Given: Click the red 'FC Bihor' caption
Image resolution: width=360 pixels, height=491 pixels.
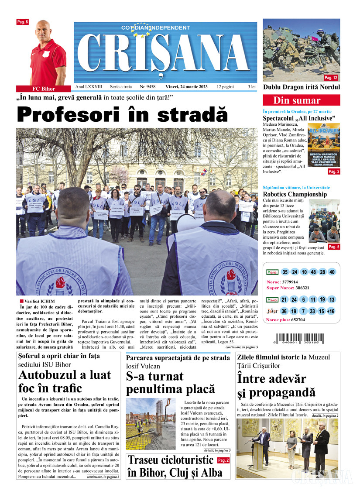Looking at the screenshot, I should point(41,89).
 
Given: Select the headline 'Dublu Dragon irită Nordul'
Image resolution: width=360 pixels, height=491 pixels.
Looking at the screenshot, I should point(301,87).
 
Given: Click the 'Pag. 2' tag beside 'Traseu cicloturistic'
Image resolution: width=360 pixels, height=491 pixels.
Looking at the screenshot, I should point(223,460).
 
